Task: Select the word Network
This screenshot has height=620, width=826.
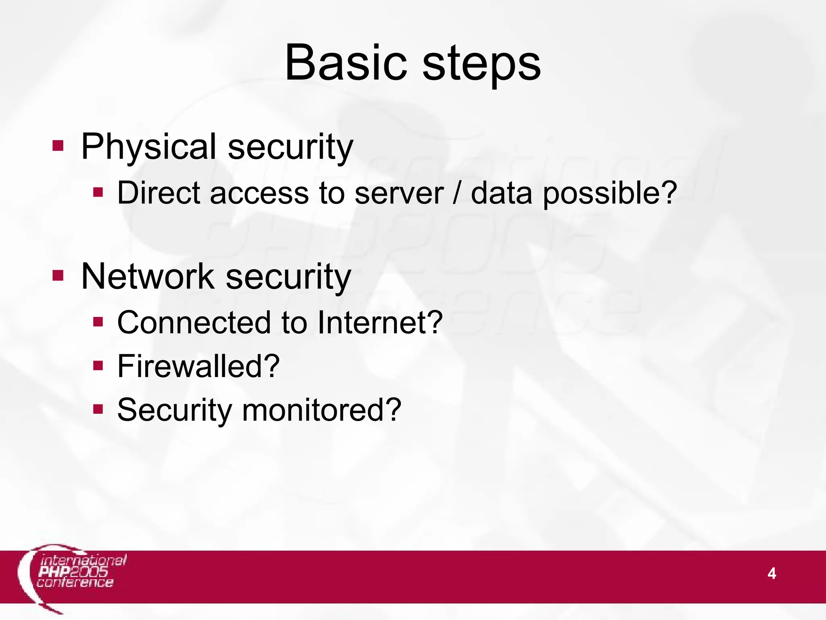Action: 148,277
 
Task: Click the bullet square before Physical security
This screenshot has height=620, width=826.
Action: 58,145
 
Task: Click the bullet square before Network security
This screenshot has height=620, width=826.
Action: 58,276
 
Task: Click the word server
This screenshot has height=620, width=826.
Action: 399,193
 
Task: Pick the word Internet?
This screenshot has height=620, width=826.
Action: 380,323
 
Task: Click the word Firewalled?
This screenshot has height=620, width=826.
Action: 198,367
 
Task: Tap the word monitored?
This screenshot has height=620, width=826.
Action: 321,410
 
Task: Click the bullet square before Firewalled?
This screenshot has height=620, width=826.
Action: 98,366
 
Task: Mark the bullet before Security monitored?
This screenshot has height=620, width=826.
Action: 98,409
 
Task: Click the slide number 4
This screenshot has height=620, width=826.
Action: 772,574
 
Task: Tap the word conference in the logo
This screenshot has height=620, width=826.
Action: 75,582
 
